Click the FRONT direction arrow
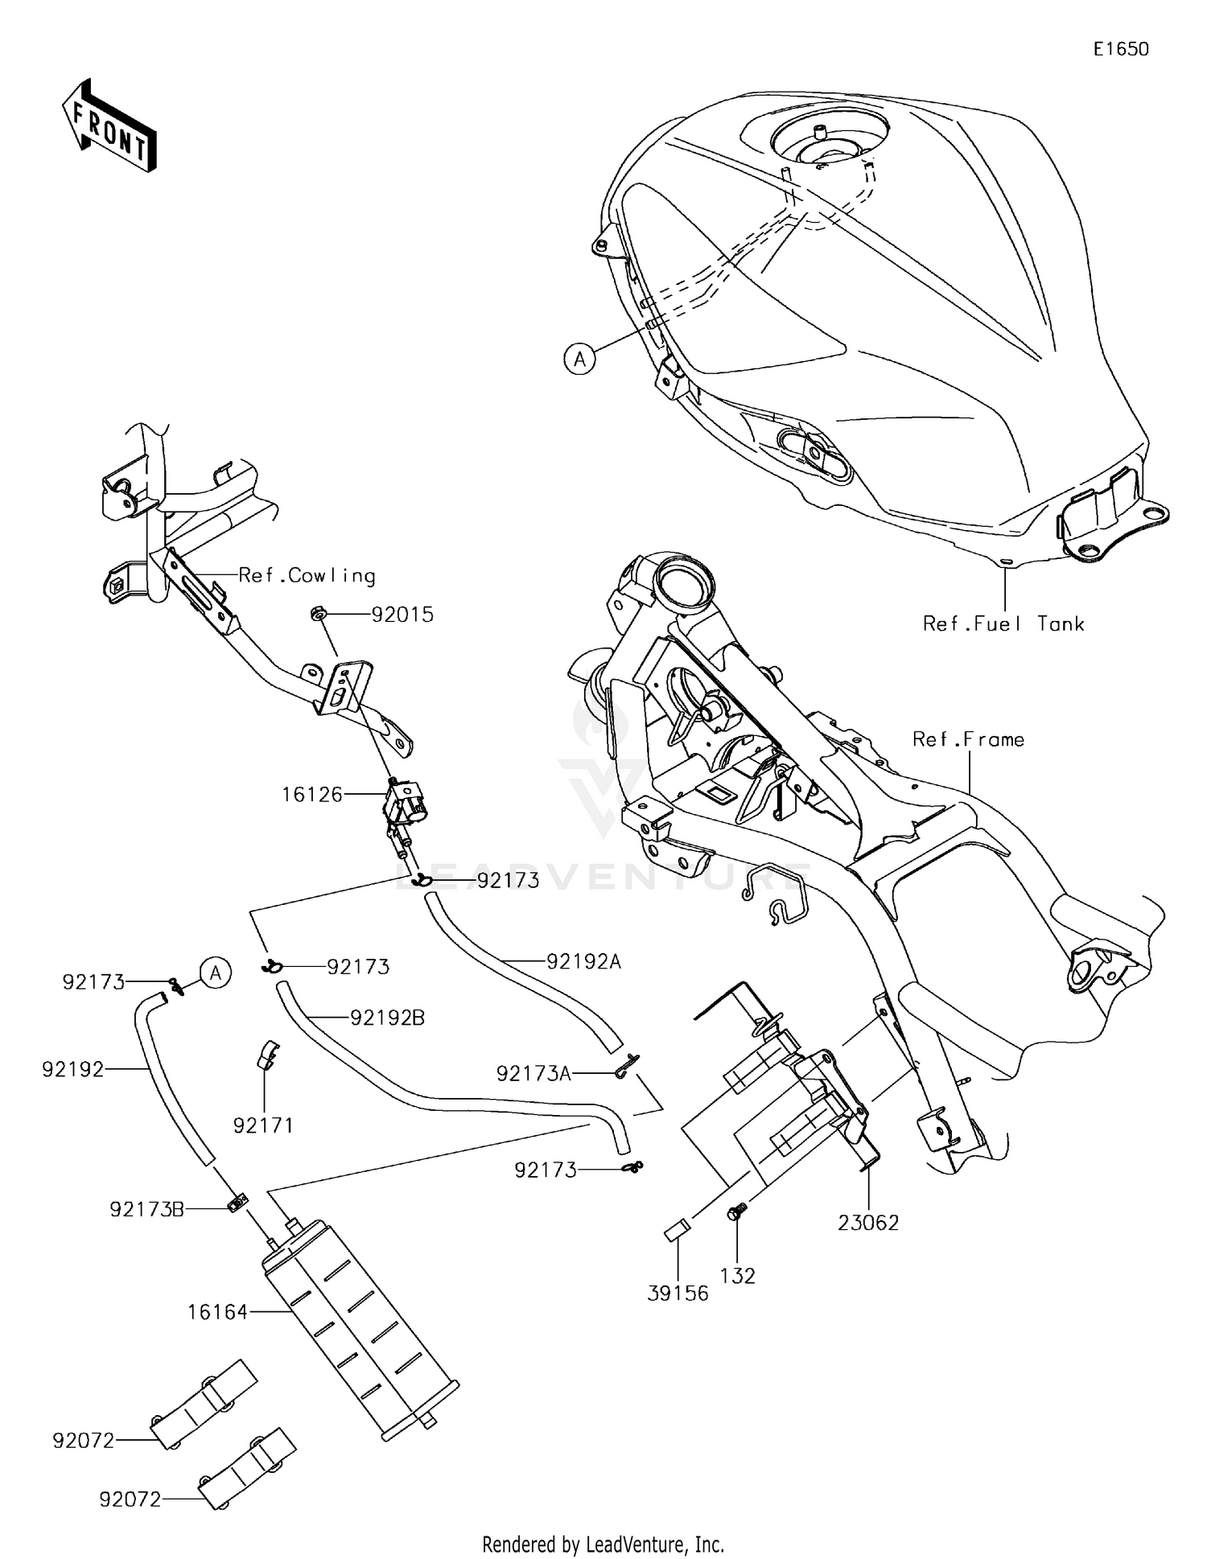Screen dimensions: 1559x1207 click(109, 126)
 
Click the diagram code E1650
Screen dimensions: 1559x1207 click(1120, 49)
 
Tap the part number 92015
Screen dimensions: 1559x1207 click(402, 615)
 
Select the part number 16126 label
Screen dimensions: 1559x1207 click(311, 795)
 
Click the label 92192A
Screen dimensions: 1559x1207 click(583, 961)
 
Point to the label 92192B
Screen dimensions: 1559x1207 click(387, 1018)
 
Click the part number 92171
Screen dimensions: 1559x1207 click(263, 1125)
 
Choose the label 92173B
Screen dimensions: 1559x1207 click(146, 1209)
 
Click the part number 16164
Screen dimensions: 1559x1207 click(217, 1312)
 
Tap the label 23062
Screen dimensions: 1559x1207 click(868, 1223)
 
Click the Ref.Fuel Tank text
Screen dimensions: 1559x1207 click(1003, 623)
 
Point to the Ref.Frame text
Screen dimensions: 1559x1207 click(968, 739)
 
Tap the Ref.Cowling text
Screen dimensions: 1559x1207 click(307, 576)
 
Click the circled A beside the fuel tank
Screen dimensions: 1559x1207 click(579, 358)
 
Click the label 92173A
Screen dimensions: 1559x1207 click(533, 1074)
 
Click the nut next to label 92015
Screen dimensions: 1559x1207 click(318, 615)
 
